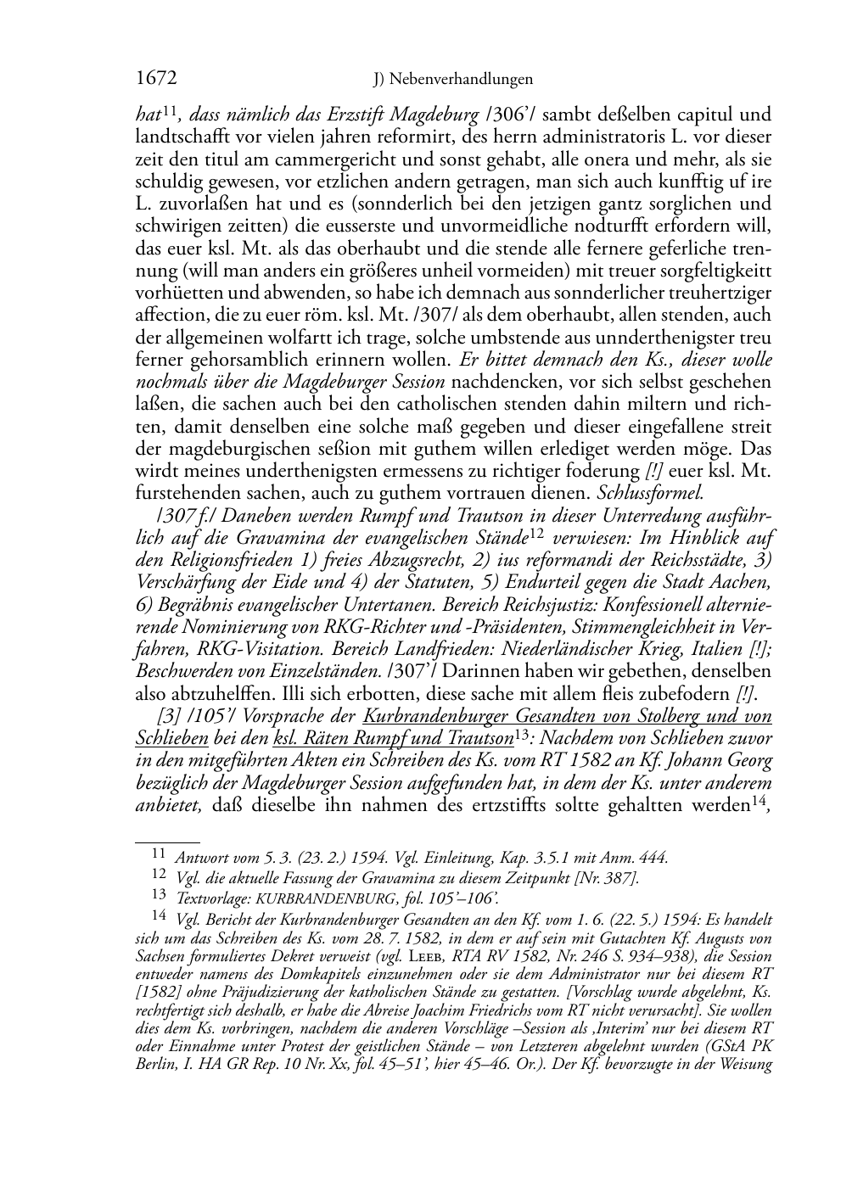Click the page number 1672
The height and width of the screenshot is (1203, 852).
click(x=155, y=79)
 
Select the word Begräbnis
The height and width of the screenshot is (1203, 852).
click(x=193, y=604)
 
